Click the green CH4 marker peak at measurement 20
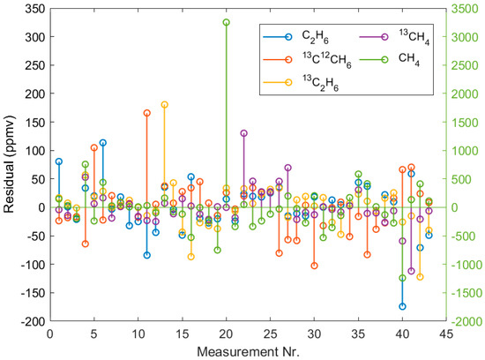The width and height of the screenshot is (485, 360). click(x=226, y=22)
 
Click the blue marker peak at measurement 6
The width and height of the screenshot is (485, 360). click(x=102, y=142)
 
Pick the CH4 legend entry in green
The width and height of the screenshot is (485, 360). click(x=398, y=60)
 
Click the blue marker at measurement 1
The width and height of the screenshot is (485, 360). click(x=59, y=161)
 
